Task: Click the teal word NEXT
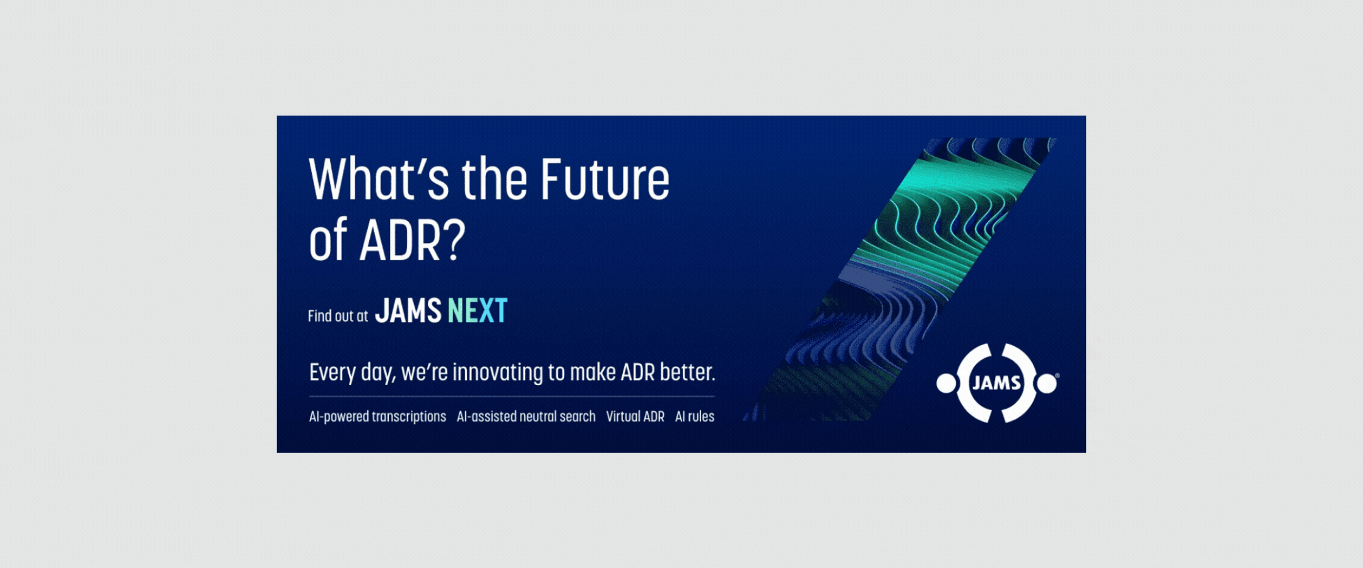point(477,311)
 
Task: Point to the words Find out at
point(338,316)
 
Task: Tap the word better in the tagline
point(688,372)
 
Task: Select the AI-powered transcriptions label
point(377,417)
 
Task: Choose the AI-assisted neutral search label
point(526,417)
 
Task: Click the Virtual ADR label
point(635,417)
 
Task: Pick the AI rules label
point(695,417)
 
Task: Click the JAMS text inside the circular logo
point(997,382)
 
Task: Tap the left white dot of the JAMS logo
point(947,383)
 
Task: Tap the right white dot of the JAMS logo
point(1047,383)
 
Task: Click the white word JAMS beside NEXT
point(408,311)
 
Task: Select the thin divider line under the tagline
point(512,396)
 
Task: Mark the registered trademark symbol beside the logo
point(1058,376)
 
